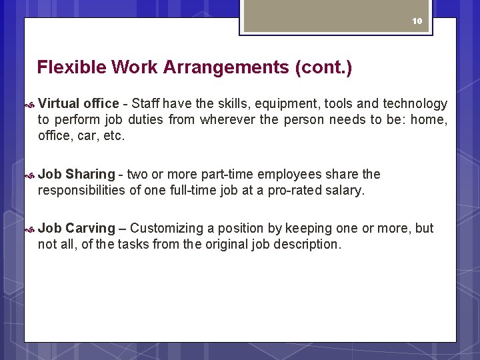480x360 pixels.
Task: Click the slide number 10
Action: coord(417,21)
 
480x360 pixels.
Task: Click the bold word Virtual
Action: coord(59,103)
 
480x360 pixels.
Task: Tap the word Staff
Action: coord(146,103)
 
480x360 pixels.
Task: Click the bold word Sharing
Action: coord(90,174)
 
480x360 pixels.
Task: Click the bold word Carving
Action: coord(90,228)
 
